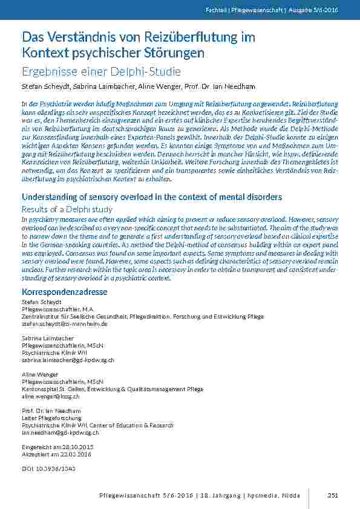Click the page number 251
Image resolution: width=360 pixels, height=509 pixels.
[x=332, y=496]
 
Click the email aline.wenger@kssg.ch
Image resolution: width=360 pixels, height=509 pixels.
[x=50, y=397]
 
